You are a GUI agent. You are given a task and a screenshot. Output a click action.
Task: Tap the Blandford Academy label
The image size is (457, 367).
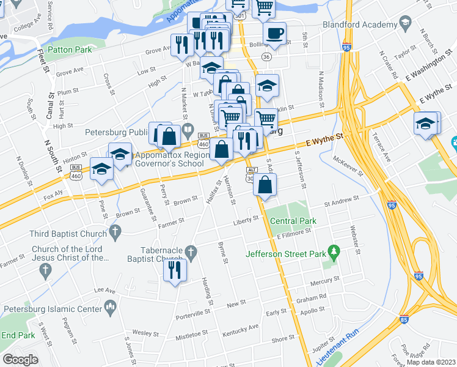click(360, 26)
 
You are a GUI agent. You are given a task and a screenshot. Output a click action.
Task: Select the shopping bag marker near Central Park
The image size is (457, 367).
click(265, 185)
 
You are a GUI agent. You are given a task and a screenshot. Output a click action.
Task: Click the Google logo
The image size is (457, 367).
click(20, 360)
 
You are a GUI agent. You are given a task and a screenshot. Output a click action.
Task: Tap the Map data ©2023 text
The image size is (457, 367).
click(431, 362)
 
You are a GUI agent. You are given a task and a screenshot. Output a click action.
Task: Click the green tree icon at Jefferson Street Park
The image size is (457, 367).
click(333, 251)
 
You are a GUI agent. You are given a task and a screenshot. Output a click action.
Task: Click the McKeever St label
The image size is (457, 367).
click(349, 165)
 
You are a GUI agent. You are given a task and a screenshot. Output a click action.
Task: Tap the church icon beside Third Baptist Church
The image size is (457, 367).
click(114, 232)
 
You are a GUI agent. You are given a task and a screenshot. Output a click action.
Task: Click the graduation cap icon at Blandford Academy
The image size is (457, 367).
click(404, 24)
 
